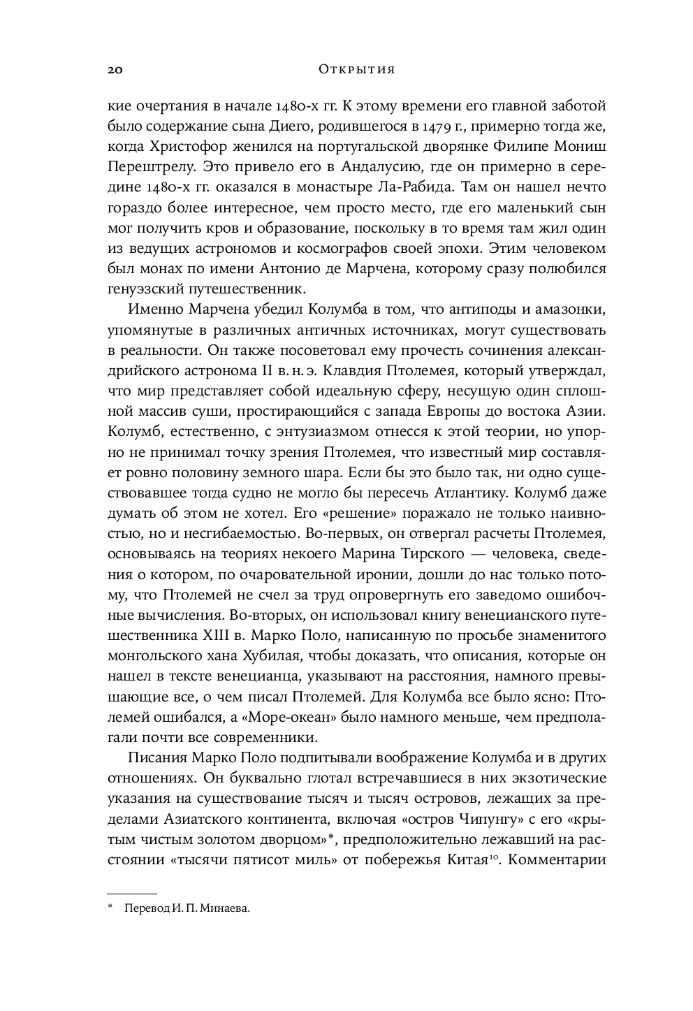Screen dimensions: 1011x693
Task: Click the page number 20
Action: [115, 69]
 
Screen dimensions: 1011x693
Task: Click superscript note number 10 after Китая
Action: [492, 856]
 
